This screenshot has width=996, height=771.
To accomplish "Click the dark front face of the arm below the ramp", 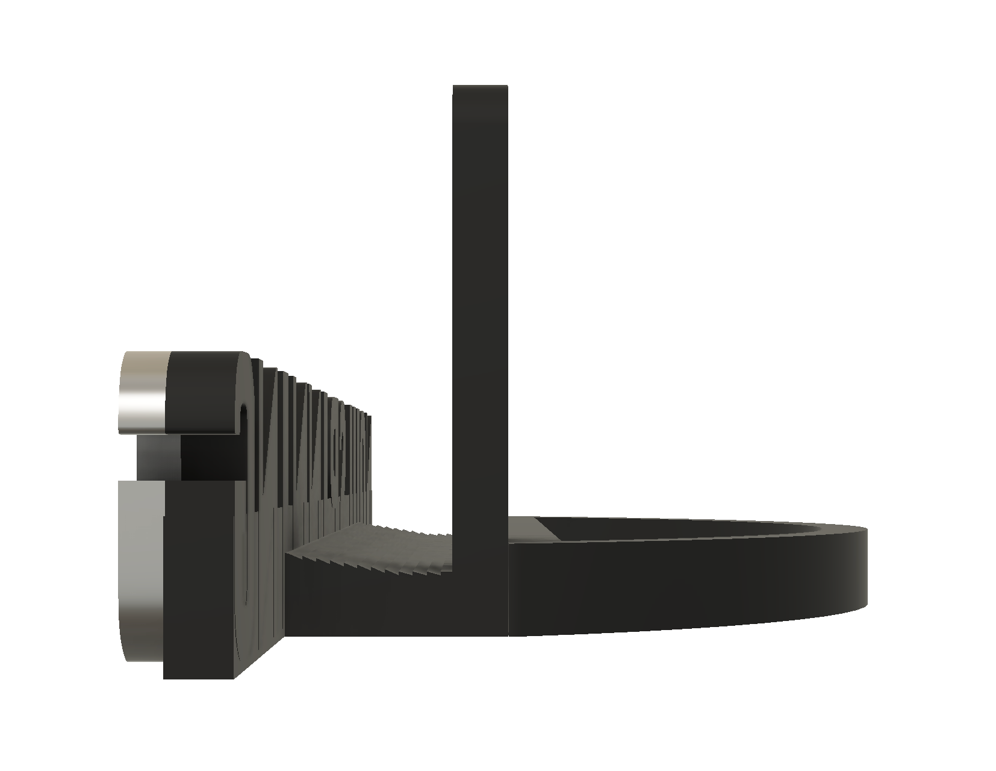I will [367, 602].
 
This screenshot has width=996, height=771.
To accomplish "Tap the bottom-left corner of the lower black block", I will [166, 677].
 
